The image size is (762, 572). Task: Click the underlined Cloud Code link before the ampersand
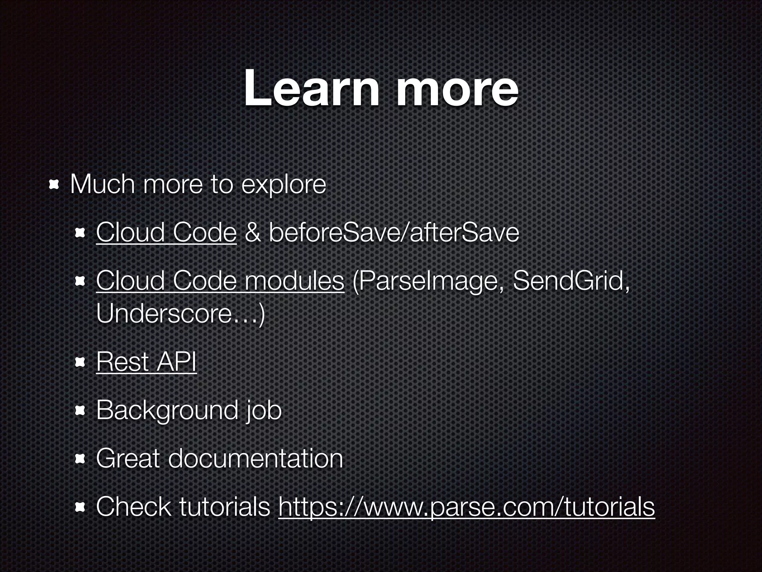tap(166, 232)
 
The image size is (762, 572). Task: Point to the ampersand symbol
tap(253, 232)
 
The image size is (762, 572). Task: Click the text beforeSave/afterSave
tap(394, 232)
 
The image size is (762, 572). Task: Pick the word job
tap(263, 410)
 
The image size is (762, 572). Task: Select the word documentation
tap(256, 458)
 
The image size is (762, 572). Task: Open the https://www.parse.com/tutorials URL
tap(466, 507)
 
